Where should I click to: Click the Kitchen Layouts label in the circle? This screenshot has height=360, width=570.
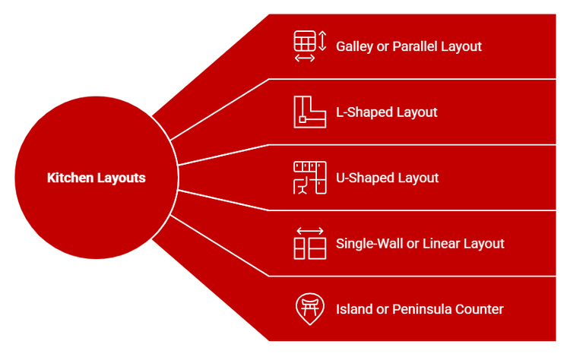pyautogui.click(x=97, y=178)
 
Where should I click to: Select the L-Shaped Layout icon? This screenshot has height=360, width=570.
pyautogui.click(x=309, y=112)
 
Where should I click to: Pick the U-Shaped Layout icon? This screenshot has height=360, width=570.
pyautogui.click(x=309, y=178)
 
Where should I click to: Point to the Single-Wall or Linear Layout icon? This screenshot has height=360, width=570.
pyautogui.click(x=309, y=243)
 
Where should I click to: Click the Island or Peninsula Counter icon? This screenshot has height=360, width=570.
pyautogui.click(x=309, y=308)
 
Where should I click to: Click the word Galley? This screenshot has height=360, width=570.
pyautogui.click(x=353, y=46)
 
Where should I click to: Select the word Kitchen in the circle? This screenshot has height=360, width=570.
pyautogui.click(x=71, y=178)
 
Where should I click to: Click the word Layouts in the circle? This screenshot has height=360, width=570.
pyautogui.click(x=121, y=178)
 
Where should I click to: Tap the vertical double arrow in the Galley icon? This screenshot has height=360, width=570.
pyautogui.click(x=322, y=40)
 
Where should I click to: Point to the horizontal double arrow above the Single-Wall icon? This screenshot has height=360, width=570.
pyautogui.click(x=309, y=230)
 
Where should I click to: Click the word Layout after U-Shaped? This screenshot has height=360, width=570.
pyautogui.click(x=420, y=178)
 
